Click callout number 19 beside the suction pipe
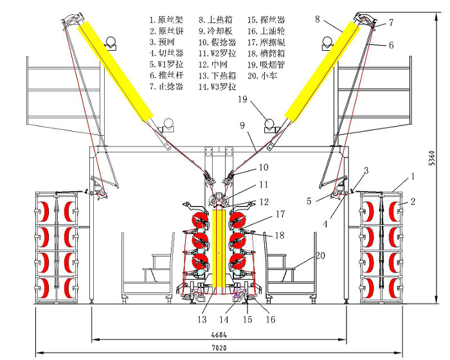tap(241, 100)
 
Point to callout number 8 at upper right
tap(318, 19)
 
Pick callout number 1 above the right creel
tap(413, 175)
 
